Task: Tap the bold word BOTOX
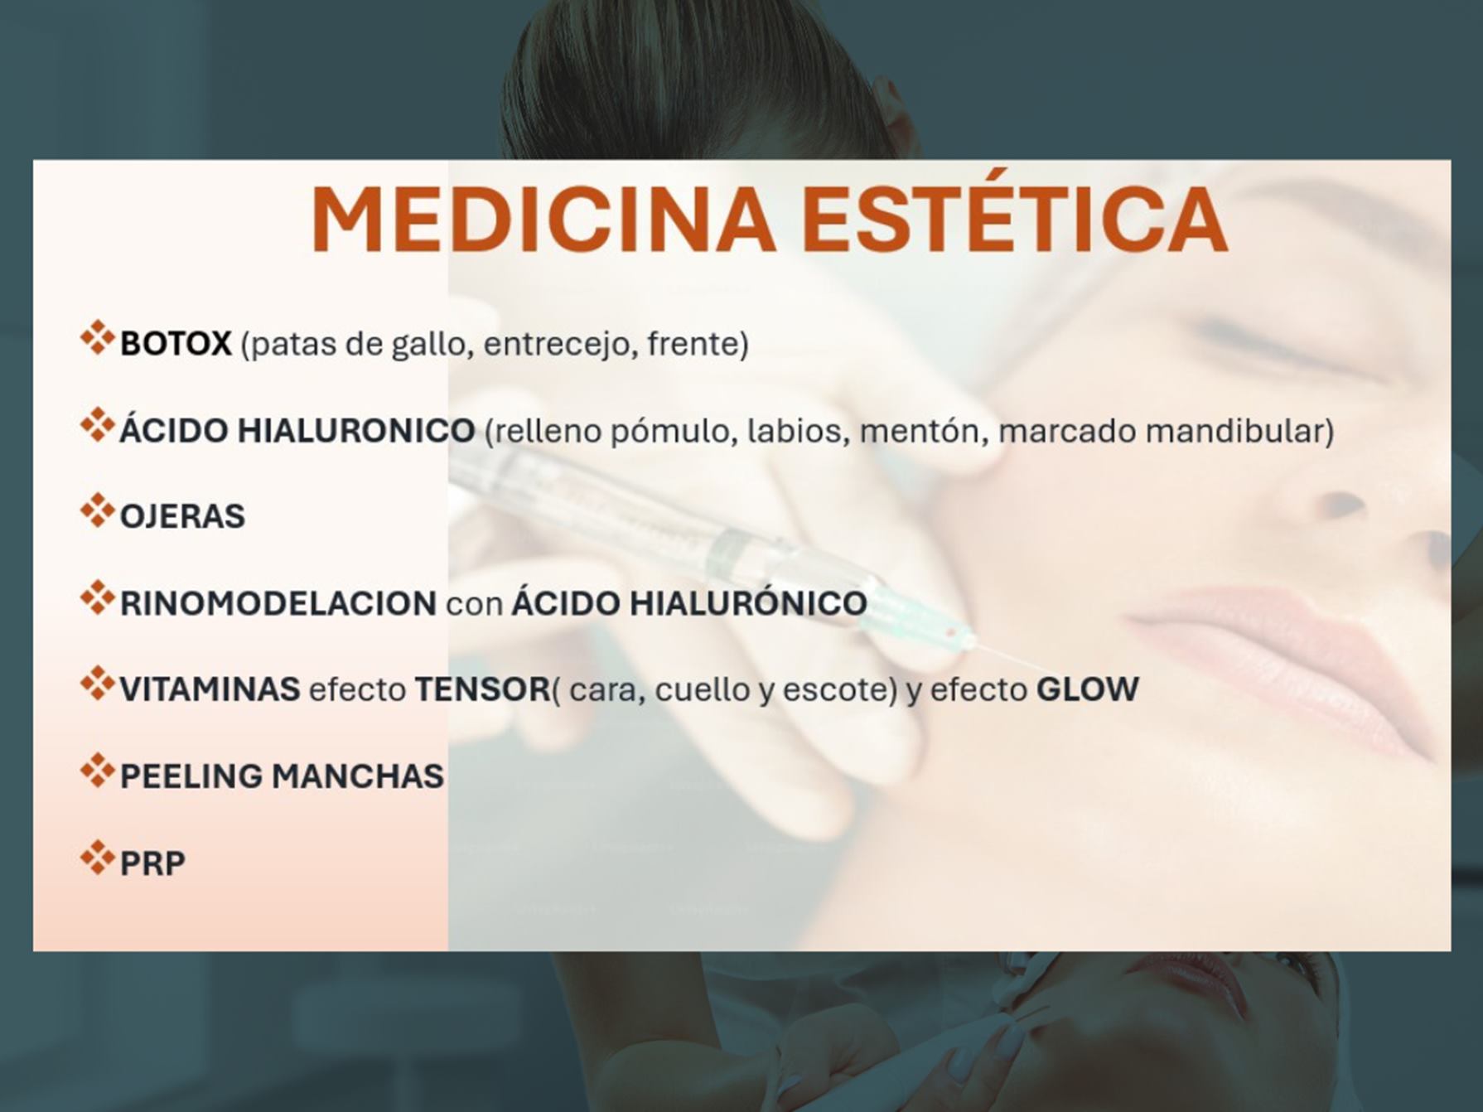pyautogui.click(x=176, y=343)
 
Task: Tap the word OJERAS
pyautogui.click(x=182, y=516)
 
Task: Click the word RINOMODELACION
pyautogui.click(x=278, y=603)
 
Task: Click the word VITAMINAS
pyautogui.click(x=210, y=689)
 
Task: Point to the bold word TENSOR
pyautogui.click(x=482, y=689)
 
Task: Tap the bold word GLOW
pyautogui.click(x=1088, y=689)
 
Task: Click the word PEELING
pyautogui.click(x=191, y=776)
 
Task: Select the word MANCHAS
pyautogui.click(x=358, y=776)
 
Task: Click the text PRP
pyautogui.click(x=152, y=863)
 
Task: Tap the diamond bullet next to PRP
pyautogui.click(x=97, y=858)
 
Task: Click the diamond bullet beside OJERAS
pyautogui.click(x=97, y=510)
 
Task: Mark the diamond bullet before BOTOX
pyautogui.click(x=97, y=338)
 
